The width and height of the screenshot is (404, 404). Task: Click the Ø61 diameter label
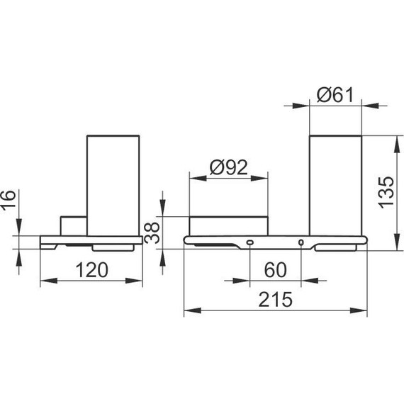tap(335, 95)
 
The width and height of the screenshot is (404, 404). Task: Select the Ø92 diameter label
tap(228, 167)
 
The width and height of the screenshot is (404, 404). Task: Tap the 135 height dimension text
tap(386, 193)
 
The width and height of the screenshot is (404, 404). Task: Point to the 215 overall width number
tap(275, 299)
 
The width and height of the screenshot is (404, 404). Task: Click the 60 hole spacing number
tap(275, 270)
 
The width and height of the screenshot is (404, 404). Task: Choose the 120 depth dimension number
tap(91, 270)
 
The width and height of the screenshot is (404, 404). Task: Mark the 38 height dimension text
tap(152, 233)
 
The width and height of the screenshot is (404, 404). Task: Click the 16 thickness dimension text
tap(8, 200)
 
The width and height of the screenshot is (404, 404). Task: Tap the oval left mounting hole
tap(250, 242)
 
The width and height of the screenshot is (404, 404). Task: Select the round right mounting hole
tap(301, 242)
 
